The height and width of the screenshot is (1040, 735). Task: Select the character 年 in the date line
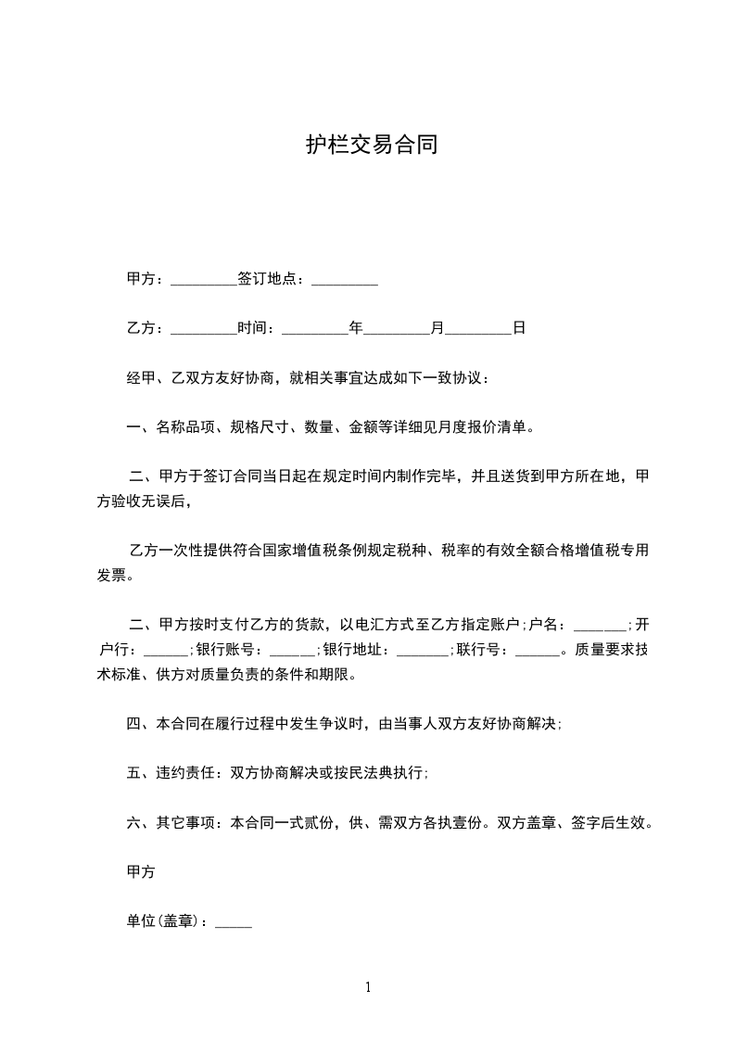(x=355, y=328)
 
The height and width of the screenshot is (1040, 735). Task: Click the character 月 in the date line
(x=437, y=328)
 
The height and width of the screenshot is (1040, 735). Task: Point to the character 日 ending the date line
(x=519, y=328)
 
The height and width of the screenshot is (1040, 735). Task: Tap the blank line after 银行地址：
(x=423, y=651)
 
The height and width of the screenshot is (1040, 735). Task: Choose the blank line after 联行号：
(x=537, y=651)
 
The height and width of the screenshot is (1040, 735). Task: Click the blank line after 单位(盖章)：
(x=234, y=924)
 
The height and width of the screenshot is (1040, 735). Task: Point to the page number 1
(x=368, y=987)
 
